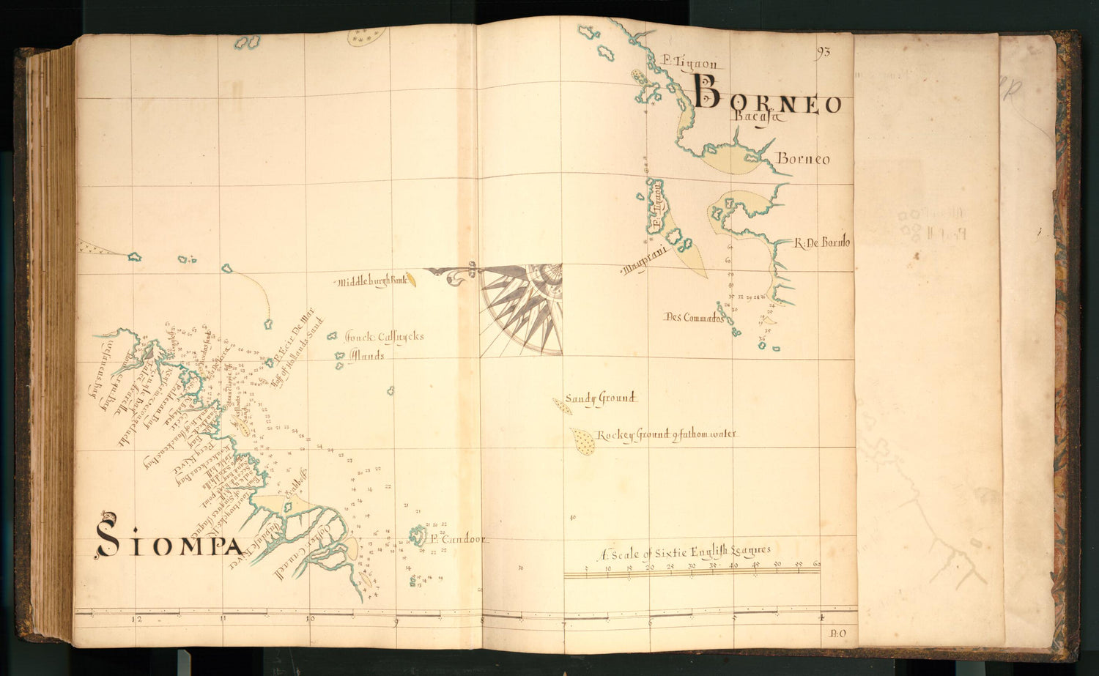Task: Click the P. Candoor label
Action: point(459,541)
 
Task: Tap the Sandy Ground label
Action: point(601,399)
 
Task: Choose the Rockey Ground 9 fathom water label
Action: point(666,435)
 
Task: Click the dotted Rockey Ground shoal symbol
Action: point(583,441)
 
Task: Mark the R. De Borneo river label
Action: point(821,242)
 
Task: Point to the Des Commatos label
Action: point(694,318)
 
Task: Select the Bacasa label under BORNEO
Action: point(758,116)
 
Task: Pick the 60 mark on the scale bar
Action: point(817,565)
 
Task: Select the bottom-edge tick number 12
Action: point(136,620)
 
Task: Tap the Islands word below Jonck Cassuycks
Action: point(367,356)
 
